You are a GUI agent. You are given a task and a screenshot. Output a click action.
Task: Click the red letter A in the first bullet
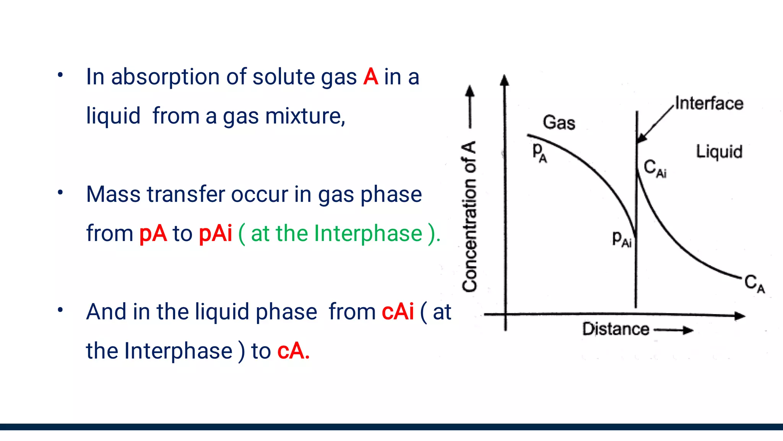[370, 77]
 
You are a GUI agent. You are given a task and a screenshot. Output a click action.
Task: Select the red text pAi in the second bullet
[215, 233]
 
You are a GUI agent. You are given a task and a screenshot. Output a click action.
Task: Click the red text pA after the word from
[153, 233]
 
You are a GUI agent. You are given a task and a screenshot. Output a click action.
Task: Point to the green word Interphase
[368, 233]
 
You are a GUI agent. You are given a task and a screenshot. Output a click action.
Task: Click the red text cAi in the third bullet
[398, 312]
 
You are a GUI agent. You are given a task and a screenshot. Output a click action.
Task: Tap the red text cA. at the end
[293, 351]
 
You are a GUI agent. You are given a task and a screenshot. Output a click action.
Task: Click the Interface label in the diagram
[709, 103]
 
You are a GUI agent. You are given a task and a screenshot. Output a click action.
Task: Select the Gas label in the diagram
[559, 123]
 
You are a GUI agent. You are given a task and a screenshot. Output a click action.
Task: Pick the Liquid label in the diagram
[719, 151]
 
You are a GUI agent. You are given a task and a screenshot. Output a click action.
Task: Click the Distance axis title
[615, 329]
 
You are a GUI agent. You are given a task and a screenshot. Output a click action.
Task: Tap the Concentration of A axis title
[469, 216]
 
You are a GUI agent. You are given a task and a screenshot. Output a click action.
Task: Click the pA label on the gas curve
[539, 152]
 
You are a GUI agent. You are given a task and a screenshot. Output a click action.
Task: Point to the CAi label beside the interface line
[655, 168]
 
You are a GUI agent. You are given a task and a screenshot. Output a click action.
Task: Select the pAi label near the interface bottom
[621, 239]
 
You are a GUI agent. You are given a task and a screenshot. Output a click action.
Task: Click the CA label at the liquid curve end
[754, 283]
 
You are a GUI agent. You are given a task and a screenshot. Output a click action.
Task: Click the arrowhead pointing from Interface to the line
[642, 138]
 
